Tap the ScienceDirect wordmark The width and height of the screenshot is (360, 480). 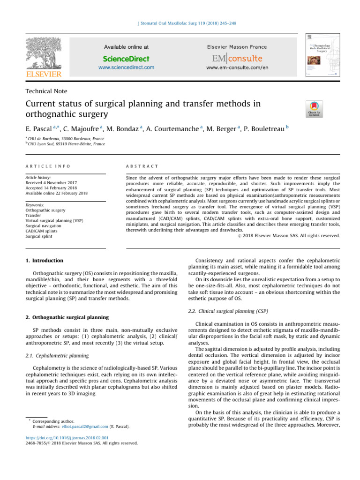(126, 59)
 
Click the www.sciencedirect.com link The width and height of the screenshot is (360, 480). (126, 67)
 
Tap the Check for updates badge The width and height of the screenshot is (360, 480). (314, 109)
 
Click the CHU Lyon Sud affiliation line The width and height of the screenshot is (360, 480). (66, 144)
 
